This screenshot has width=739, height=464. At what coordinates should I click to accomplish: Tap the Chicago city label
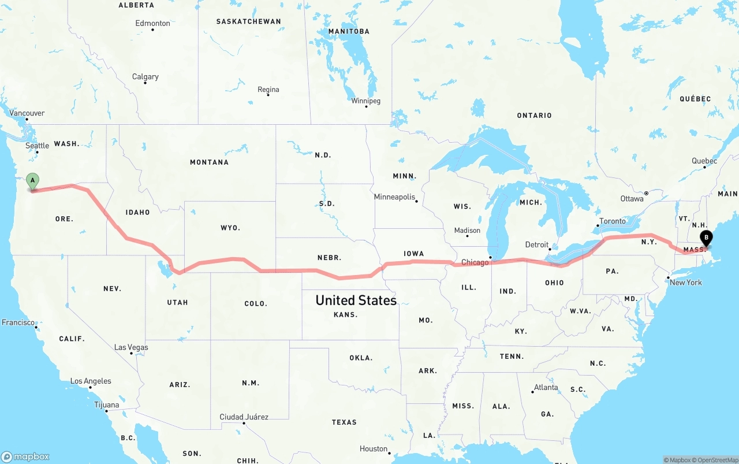[475, 262]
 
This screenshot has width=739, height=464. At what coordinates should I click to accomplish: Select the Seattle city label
[37, 146]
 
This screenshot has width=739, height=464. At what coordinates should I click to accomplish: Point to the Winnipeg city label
[365, 101]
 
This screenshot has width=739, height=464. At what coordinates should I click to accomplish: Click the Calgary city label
[145, 77]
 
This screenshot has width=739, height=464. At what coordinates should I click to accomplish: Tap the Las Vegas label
[131, 347]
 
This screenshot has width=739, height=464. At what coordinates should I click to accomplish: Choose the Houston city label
[374, 449]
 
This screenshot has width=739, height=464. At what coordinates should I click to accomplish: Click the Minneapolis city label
[394, 197]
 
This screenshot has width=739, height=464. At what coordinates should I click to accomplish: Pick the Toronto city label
[612, 221]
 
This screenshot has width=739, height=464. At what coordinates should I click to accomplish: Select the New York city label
[686, 283]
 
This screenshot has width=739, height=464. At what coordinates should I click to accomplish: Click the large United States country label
[356, 300]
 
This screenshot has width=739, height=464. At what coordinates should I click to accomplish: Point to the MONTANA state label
[209, 162]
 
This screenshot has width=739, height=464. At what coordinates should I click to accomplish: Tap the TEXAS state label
[344, 422]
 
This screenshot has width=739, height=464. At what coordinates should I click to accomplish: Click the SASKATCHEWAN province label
[248, 21]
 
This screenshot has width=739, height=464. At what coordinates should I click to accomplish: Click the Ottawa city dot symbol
[647, 193]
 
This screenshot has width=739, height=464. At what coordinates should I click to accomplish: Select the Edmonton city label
[152, 23]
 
